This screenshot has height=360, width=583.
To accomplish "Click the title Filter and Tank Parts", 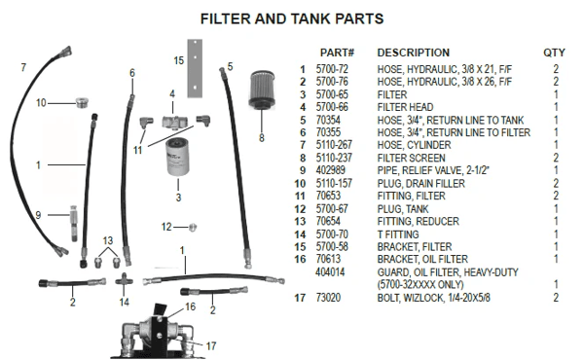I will point(291,18).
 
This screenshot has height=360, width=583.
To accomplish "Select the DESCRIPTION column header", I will point(413,53).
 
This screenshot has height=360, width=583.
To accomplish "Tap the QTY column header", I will point(554,53).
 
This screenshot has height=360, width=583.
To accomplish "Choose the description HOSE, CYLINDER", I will point(413,144).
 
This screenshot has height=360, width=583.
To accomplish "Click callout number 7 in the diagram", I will point(23,67).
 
